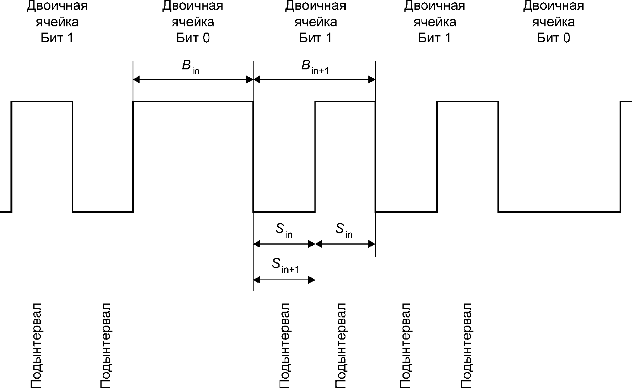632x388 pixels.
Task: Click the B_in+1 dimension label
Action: point(315,67)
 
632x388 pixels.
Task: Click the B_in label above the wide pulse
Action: point(191,67)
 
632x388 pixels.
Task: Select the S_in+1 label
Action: point(285,266)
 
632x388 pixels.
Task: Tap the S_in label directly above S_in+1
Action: point(284,230)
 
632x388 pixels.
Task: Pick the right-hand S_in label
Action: point(344,230)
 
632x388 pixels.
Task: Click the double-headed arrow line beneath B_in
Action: point(193,80)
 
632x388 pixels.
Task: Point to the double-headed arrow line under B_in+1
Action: point(314,80)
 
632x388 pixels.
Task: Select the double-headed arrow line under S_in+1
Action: point(284,280)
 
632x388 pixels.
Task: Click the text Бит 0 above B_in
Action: point(193,38)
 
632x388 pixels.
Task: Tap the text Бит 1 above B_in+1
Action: point(316,38)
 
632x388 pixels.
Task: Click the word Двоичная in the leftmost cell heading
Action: point(57,6)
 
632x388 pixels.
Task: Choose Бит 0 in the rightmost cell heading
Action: point(554,38)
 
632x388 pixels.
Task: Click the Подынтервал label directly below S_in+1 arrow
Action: point(285,345)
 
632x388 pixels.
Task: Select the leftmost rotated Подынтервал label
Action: point(36,345)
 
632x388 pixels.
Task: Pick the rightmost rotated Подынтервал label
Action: point(467,345)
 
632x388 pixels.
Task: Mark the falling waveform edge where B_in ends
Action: point(253,157)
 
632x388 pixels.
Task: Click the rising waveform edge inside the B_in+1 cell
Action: point(315,157)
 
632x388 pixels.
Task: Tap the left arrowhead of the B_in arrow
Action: point(136,80)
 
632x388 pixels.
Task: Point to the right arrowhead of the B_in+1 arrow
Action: point(372,80)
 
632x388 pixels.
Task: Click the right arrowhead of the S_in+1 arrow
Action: point(311,280)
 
